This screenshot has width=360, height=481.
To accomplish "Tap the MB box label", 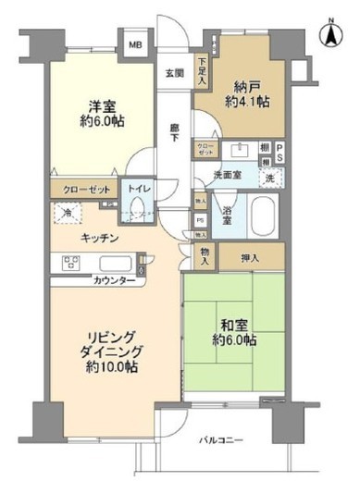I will coord(135,43).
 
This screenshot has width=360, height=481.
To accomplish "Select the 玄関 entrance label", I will coord(174,72).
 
